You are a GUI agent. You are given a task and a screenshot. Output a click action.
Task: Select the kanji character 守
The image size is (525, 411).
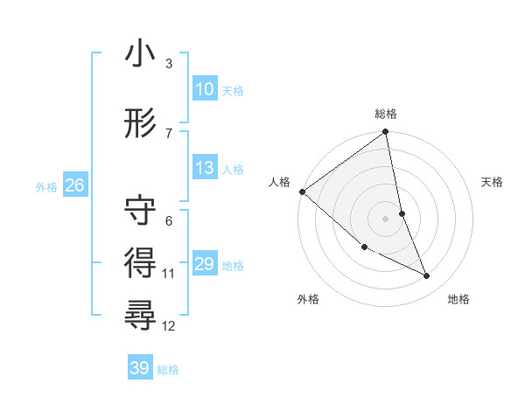pos(141,210)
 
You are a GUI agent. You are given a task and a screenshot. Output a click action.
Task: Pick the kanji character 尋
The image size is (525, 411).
pos(141,313)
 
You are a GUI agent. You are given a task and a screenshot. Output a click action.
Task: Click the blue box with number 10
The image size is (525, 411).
pos(204,89)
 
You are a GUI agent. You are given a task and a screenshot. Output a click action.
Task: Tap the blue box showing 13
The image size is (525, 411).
pos(204,168)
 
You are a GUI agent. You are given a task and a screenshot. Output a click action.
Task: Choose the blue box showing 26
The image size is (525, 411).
pos(74,185)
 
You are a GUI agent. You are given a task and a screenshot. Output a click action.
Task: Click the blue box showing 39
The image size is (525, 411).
pos(139,368)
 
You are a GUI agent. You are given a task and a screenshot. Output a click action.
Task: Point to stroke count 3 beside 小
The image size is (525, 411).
pos(169,64)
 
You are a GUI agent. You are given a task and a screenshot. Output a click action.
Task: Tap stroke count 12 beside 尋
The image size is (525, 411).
pos(169,326)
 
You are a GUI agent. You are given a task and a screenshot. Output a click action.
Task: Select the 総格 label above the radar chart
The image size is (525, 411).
pos(386,114)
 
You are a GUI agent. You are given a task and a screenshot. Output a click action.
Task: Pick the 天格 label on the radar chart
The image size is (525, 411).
pos(493,182)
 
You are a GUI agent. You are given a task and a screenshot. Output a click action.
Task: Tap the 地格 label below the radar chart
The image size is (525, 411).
pos(458,299)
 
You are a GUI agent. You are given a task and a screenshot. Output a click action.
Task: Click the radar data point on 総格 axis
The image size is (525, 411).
pos(386,133)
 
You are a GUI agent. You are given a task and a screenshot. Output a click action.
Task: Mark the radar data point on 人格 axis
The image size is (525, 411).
pos(302,192)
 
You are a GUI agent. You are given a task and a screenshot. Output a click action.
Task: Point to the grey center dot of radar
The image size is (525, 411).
pos(386,219)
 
